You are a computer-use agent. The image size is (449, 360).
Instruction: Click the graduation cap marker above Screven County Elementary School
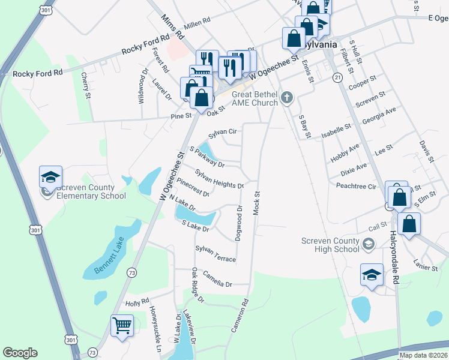click(x=51, y=178)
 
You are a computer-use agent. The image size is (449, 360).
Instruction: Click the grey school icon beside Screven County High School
click(x=368, y=243)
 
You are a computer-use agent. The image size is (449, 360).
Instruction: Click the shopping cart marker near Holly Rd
click(x=122, y=326)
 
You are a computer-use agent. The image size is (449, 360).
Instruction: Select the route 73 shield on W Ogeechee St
click(x=132, y=272)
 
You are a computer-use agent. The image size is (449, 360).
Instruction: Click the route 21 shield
click(x=337, y=78)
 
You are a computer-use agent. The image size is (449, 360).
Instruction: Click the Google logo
click(x=20, y=353)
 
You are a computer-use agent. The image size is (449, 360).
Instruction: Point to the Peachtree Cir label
click(x=356, y=187)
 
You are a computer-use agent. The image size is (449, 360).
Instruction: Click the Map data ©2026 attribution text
click(x=423, y=355)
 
